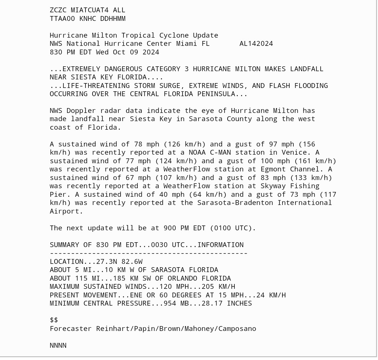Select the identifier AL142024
[256, 44]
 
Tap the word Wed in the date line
[102, 52]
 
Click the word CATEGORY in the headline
[168, 69]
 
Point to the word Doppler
[81, 111]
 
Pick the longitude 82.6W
[132, 262]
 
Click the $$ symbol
[54, 320]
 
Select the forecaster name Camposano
[237, 329]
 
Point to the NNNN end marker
[58, 345]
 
